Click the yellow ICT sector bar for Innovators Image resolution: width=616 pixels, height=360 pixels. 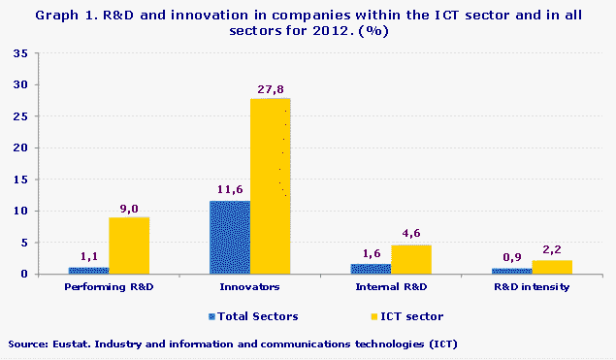[271, 185]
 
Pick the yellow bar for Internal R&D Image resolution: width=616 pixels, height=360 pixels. [411, 259]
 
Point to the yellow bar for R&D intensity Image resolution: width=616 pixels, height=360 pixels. [552, 267]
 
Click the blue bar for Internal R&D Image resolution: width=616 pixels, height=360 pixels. [371, 269]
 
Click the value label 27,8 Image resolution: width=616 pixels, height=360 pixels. [272, 89]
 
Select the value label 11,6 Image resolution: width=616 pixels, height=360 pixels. [230, 191]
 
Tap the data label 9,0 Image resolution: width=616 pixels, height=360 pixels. [129, 208]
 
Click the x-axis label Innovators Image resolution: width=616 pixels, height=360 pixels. [250, 288]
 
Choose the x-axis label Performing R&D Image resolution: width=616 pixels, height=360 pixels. [109, 288]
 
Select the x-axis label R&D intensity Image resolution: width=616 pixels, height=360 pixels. [532, 288]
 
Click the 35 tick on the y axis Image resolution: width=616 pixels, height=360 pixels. [19, 53]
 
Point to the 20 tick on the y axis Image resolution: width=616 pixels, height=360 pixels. [19, 147]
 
